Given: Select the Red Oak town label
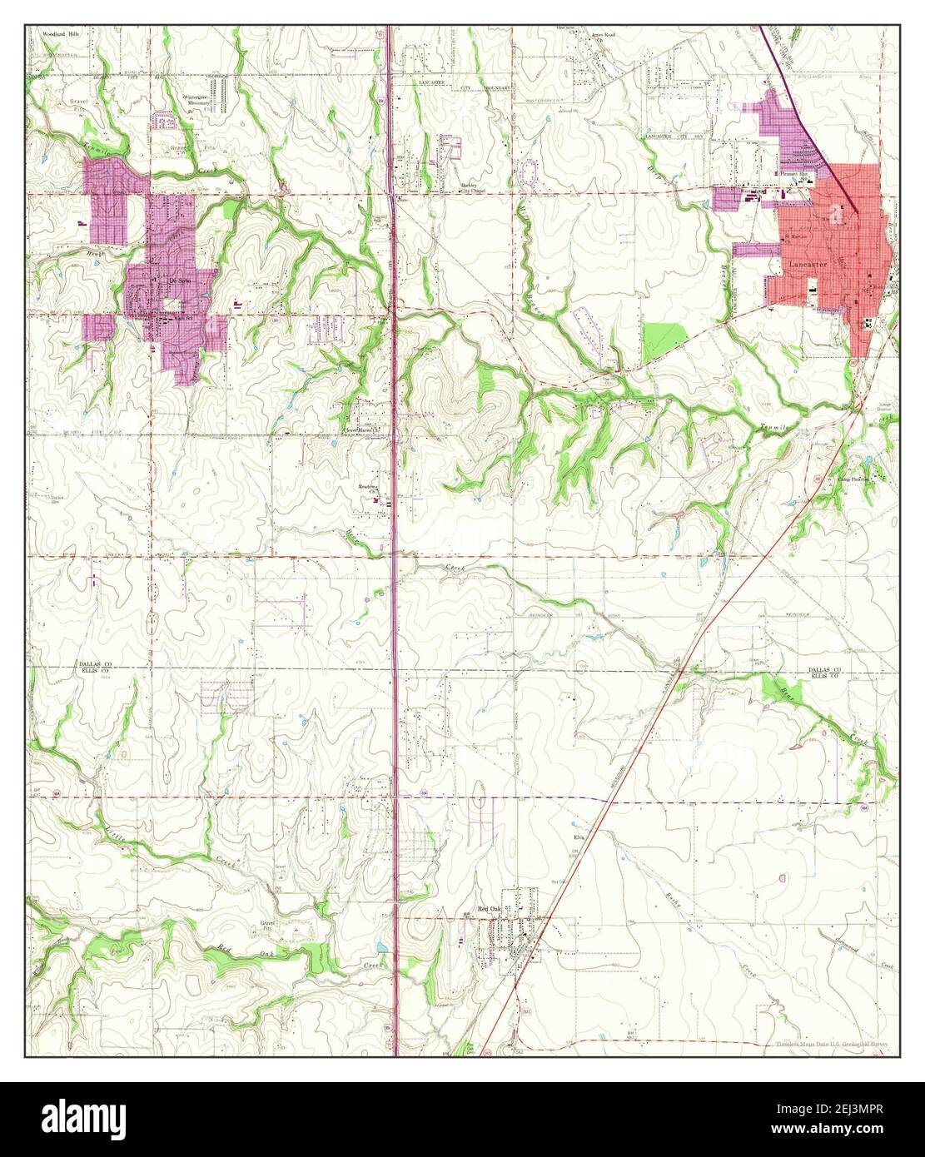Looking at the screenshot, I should pyautogui.click(x=486, y=911).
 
